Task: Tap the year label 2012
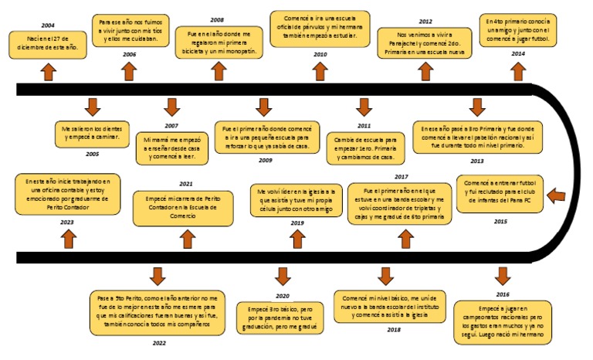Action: tap(425, 21)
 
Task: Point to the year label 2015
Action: tap(500, 221)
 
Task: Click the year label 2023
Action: tap(66, 221)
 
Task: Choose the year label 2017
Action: tap(401, 177)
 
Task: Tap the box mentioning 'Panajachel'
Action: tap(425, 45)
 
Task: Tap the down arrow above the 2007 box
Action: tap(171, 107)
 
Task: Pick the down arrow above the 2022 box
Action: tap(158, 276)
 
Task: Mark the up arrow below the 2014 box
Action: tap(520, 71)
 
